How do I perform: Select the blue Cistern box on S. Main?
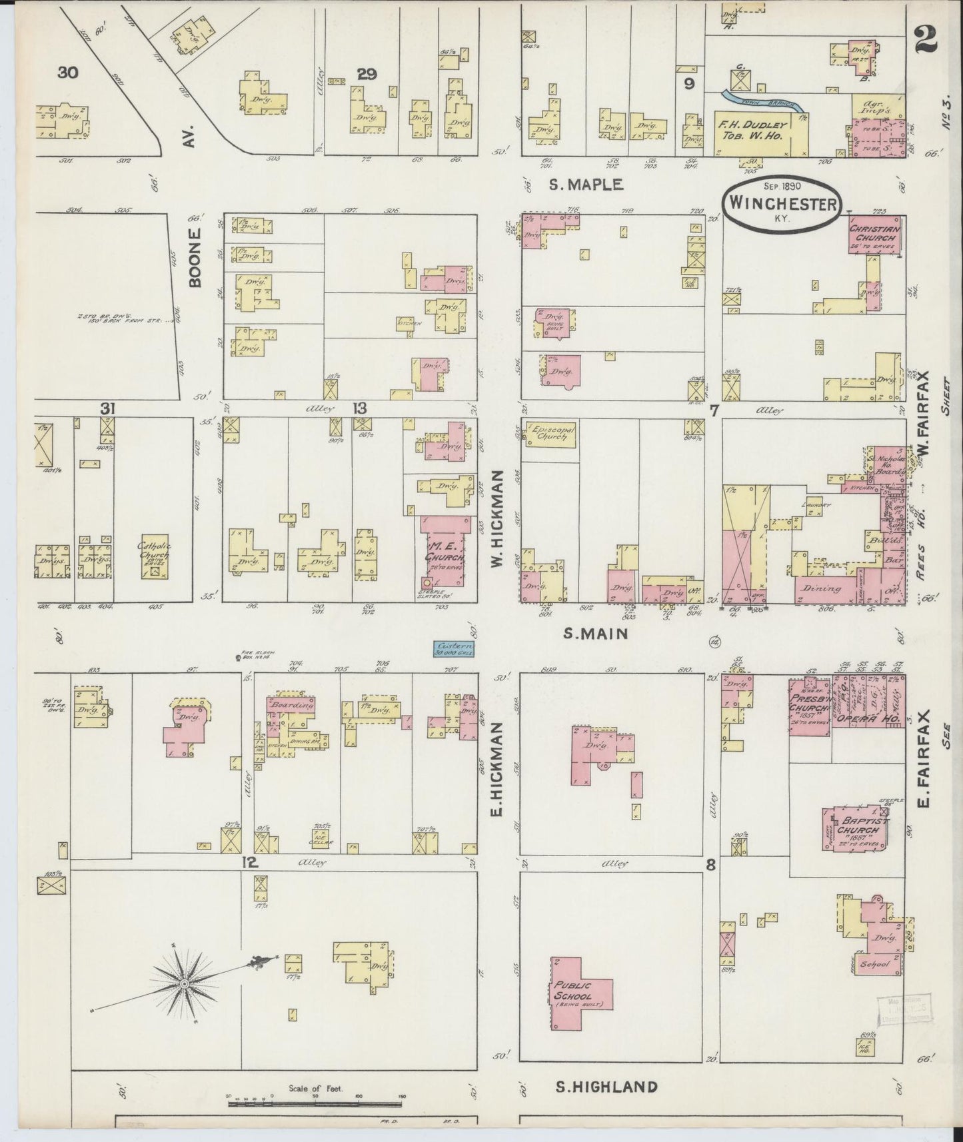click(x=453, y=648)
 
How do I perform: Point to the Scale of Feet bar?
click(x=316, y=1103)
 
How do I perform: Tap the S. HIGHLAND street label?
click(x=606, y=1087)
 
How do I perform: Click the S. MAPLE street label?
click(x=585, y=185)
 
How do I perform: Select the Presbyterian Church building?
click(x=810, y=706)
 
